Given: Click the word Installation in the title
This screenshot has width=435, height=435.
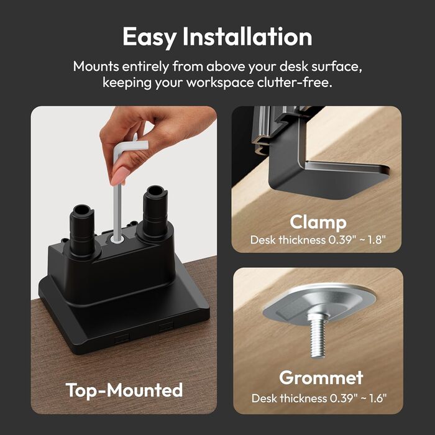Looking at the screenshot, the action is coord(247,36).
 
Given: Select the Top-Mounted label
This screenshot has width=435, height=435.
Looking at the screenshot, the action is coord(124,391).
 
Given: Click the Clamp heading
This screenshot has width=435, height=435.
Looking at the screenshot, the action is coord(318,222).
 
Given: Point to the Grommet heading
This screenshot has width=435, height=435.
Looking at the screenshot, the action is coord(321,378).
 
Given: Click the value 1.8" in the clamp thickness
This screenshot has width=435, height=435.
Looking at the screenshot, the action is coord(376,239).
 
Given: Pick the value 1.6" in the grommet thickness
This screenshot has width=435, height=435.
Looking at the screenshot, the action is coord(377,398).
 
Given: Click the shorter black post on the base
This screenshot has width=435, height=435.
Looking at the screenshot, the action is coord(82,230).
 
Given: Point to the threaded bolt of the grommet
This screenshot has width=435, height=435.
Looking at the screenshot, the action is coord(318,336).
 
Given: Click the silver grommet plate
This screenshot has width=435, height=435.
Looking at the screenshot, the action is coord(319,303).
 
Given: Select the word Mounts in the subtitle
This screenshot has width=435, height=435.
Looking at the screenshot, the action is coord(96,66).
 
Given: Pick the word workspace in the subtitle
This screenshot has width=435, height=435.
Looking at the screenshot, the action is coord(220,83).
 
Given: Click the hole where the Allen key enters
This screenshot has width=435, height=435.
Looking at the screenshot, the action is coord(117,239).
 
